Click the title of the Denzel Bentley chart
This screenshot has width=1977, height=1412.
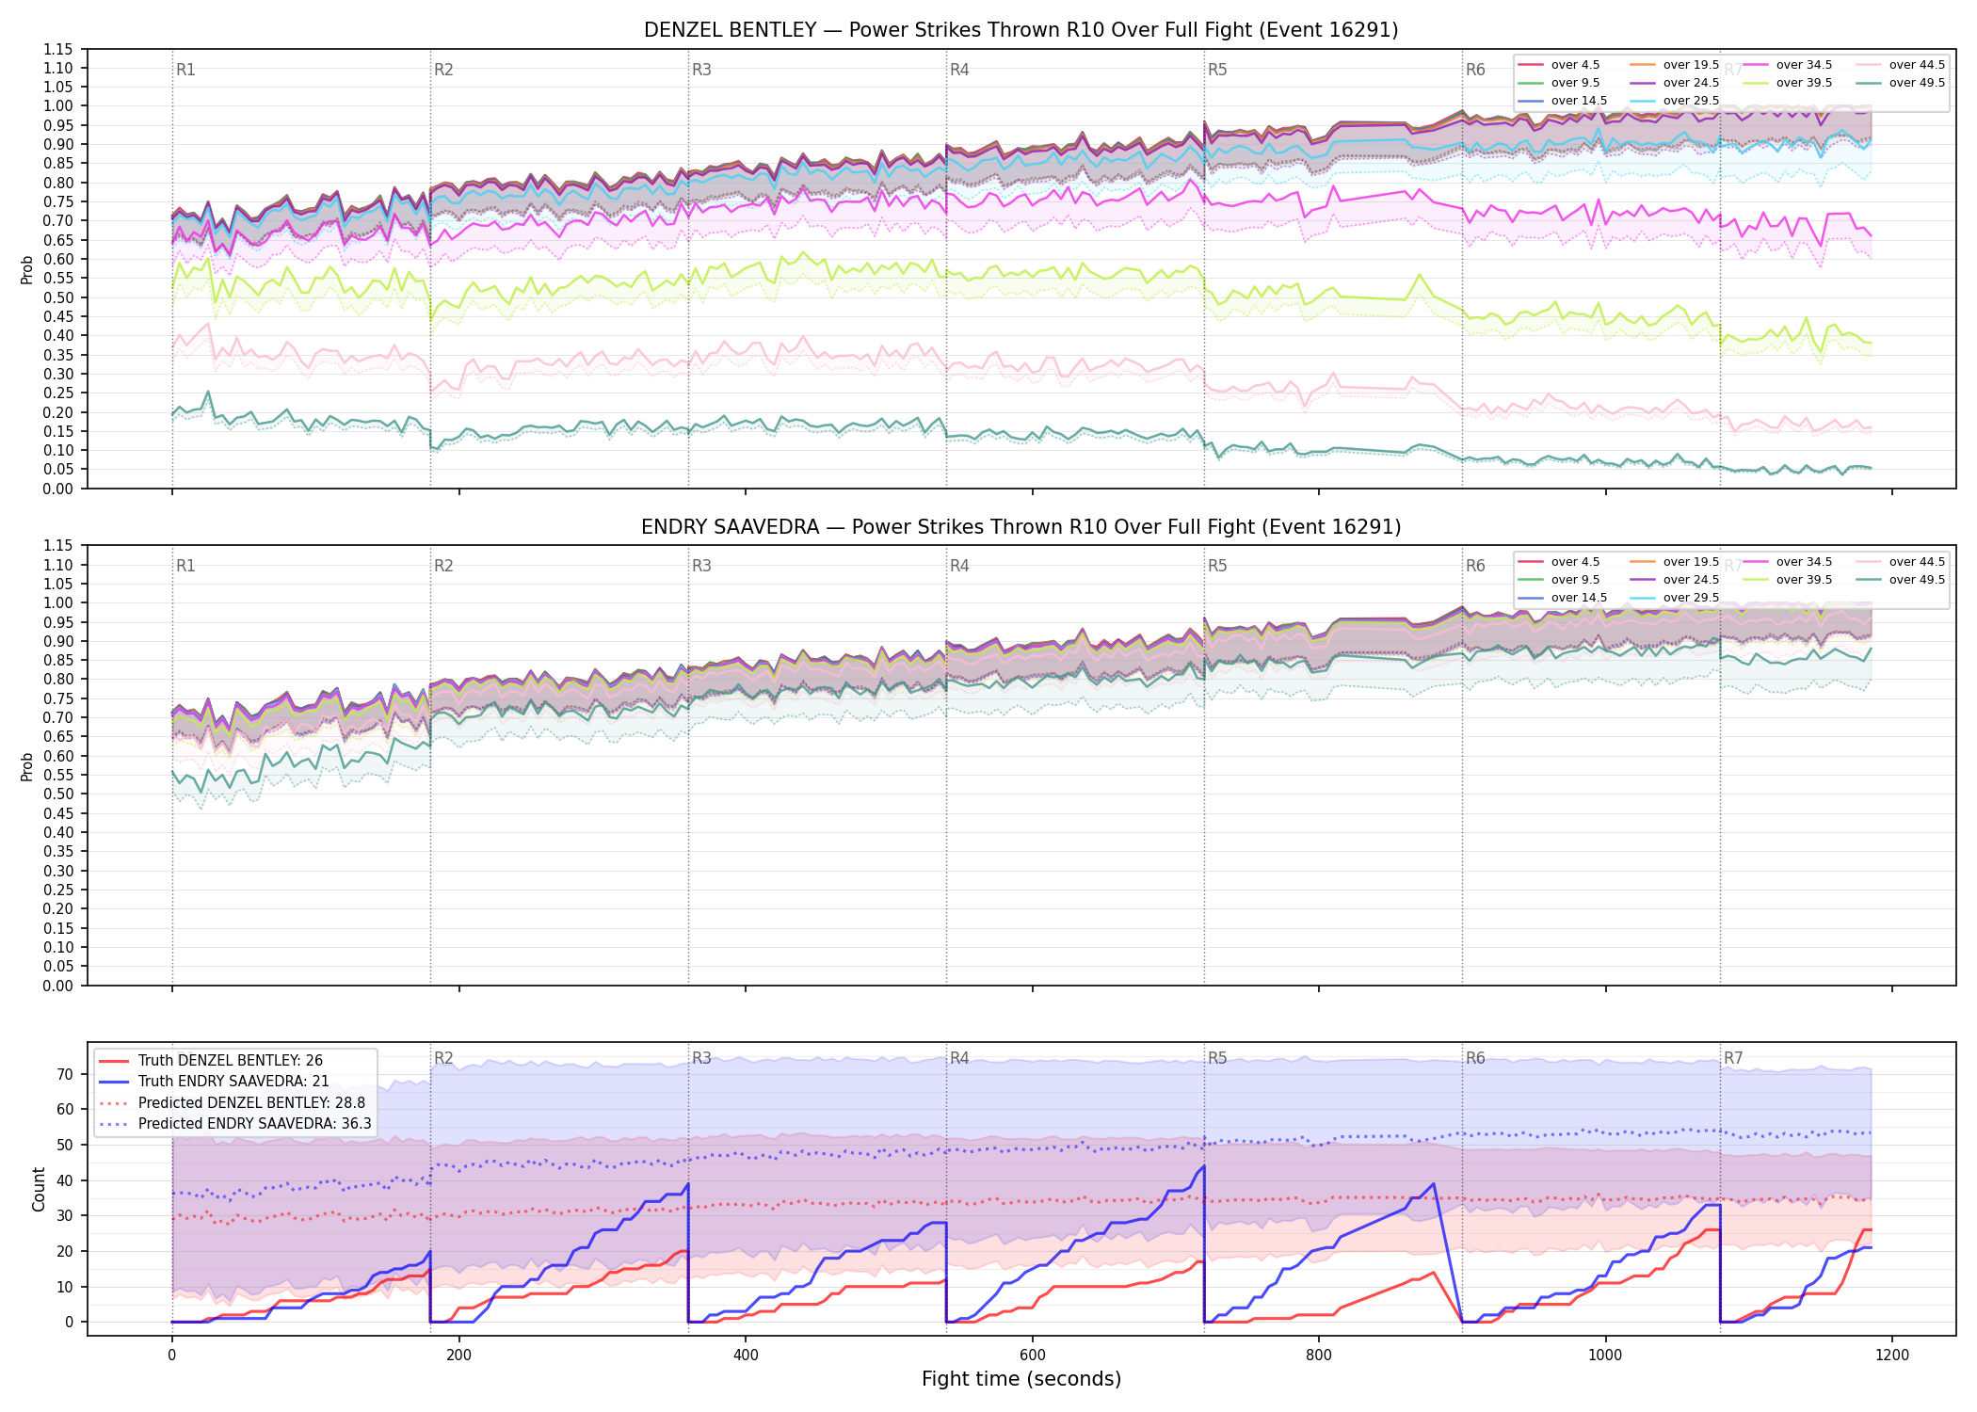[x=1021, y=30]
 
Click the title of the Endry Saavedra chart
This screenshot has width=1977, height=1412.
[x=1021, y=527]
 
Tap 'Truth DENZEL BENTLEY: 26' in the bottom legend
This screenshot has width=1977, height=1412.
[x=230, y=1061]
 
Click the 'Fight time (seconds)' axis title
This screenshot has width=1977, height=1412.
[x=1021, y=1380]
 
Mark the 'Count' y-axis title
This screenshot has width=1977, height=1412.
[x=39, y=1190]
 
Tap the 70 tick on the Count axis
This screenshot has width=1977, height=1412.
[x=65, y=1074]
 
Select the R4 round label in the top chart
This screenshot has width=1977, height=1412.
[x=959, y=70]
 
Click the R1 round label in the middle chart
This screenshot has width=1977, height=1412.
[x=185, y=566]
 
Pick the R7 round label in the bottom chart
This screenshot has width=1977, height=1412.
[x=1733, y=1058]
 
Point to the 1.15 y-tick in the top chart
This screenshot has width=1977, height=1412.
[x=57, y=49]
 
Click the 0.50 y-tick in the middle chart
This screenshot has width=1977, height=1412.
[x=57, y=794]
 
